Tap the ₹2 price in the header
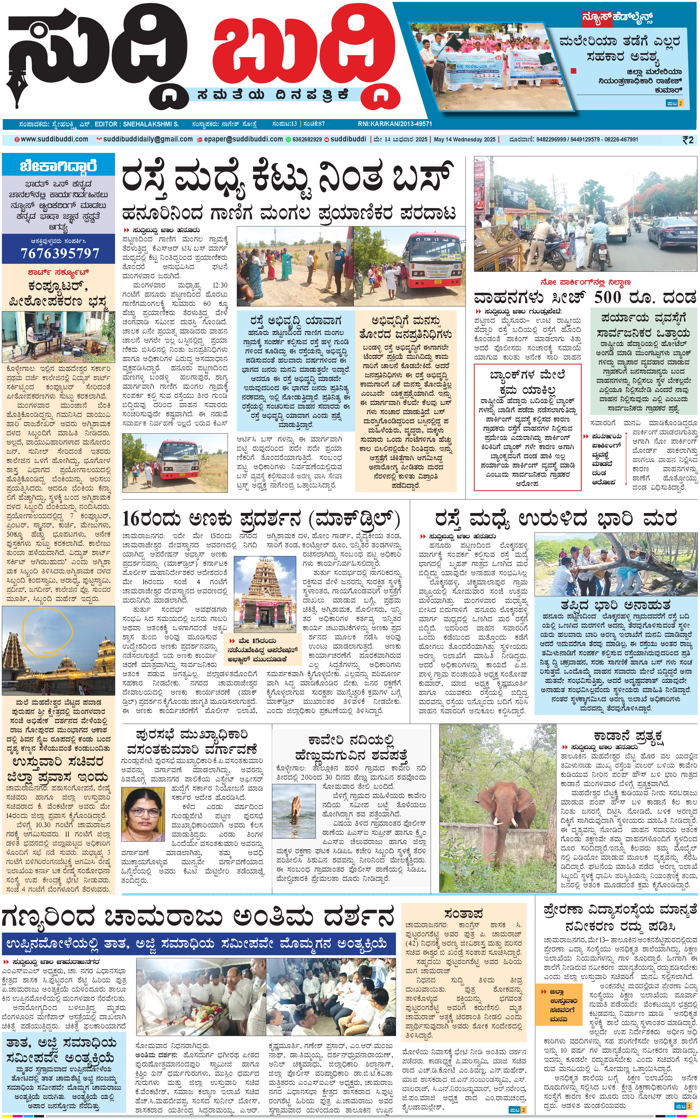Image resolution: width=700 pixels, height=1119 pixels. [688, 140]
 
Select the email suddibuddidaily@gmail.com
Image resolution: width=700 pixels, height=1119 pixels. [148, 139]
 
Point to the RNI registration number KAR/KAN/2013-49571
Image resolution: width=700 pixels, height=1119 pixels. [394, 124]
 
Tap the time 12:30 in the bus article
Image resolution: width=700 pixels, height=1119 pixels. [219, 285]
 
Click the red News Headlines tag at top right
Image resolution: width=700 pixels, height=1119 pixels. [617, 18]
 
